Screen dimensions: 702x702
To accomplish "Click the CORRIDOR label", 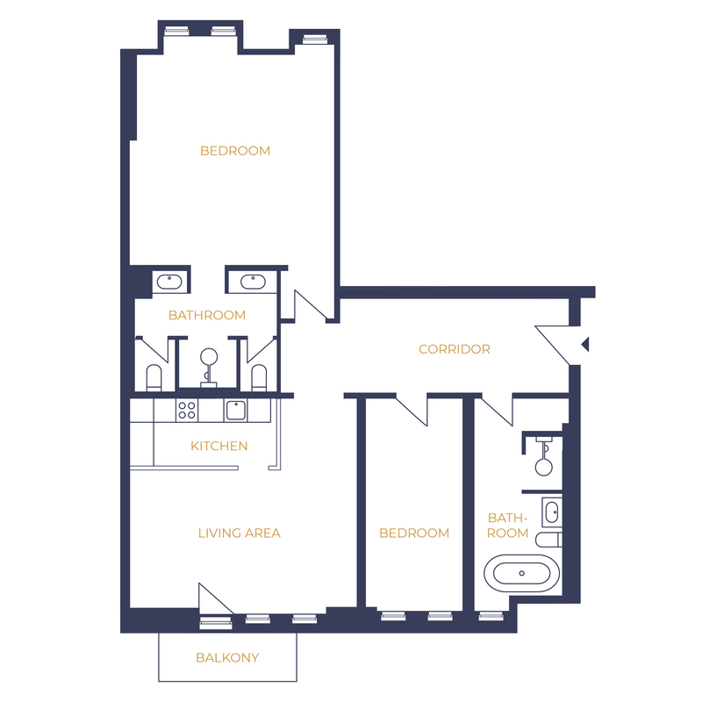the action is tap(455, 349).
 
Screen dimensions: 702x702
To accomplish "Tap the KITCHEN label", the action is tap(218, 446).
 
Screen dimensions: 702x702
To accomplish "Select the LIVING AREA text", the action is tap(240, 533).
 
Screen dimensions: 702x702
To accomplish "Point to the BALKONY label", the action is tap(227, 657).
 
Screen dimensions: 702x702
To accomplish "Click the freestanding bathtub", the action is tap(521, 574).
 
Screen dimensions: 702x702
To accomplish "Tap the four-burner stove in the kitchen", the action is tap(187, 410).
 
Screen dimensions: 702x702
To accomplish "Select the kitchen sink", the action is tap(235, 410).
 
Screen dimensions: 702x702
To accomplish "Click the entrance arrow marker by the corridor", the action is tap(584, 344).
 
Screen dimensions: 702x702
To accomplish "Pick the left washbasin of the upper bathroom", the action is tap(169, 282).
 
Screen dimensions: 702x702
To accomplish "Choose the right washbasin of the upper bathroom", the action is tap(253, 282).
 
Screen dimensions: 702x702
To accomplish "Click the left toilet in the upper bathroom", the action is tap(154, 378).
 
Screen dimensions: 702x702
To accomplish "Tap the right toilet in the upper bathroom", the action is tap(259, 378).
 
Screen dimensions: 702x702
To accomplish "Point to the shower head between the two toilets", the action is tap(209, 357).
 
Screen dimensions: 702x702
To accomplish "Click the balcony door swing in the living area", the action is tap(216, 598).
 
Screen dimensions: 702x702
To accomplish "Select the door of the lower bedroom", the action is tap(412, 411).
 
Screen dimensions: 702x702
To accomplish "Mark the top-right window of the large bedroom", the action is tap(315, 39).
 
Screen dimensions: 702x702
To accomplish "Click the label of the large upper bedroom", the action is tap(235, 151).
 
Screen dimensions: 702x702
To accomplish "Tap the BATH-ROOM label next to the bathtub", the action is tap(508, 526).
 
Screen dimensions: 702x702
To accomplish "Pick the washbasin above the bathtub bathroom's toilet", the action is tap(552, 512).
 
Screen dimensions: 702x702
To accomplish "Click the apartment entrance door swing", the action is tap(553, 345).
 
